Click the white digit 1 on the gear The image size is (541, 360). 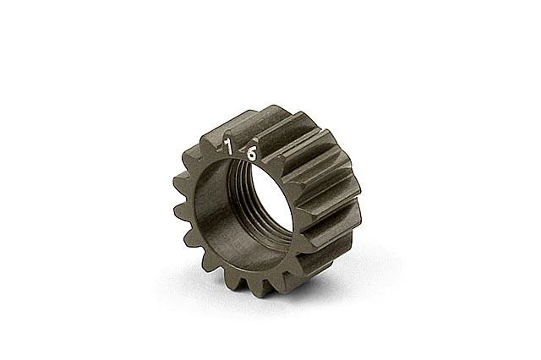[x=227, y=146]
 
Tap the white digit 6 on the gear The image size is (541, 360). [x=252, y=154]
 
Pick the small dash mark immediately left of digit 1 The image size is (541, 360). [x=219, y=150]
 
